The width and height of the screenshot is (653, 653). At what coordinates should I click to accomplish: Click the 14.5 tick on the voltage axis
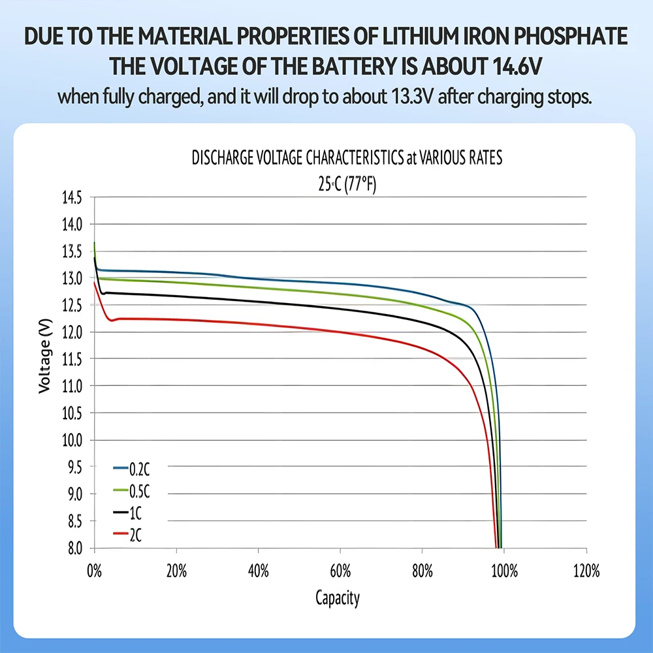click(72, 197)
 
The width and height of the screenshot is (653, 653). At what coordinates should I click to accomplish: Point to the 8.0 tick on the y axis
click(72, 548)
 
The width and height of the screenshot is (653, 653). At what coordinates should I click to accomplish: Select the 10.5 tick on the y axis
click(72, 413)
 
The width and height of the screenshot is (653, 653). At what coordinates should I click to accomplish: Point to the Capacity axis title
click(338, 597)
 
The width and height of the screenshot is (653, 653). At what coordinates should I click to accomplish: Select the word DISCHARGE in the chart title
click(222, 159)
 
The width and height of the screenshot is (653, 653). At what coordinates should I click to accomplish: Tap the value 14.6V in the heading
click(513, 66)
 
